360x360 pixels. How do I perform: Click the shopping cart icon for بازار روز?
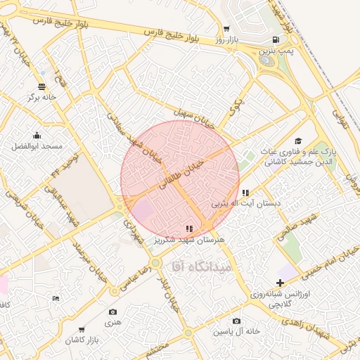(226, 29)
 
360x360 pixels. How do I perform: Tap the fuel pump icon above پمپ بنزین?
(273, 39)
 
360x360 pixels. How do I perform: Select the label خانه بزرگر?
(41, 97)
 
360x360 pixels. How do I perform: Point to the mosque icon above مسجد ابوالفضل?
(37, 136)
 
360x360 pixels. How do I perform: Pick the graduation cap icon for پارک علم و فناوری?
(297, 141)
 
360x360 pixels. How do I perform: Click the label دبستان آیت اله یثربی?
(246, 203)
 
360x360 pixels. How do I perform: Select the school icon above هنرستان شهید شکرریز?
(188, 229)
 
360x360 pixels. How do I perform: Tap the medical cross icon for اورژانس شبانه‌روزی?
(280, 283)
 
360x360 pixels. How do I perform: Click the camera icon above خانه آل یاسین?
(236, 321)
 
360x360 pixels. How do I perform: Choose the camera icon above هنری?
(113, 311)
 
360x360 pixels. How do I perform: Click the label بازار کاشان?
(82, 340)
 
